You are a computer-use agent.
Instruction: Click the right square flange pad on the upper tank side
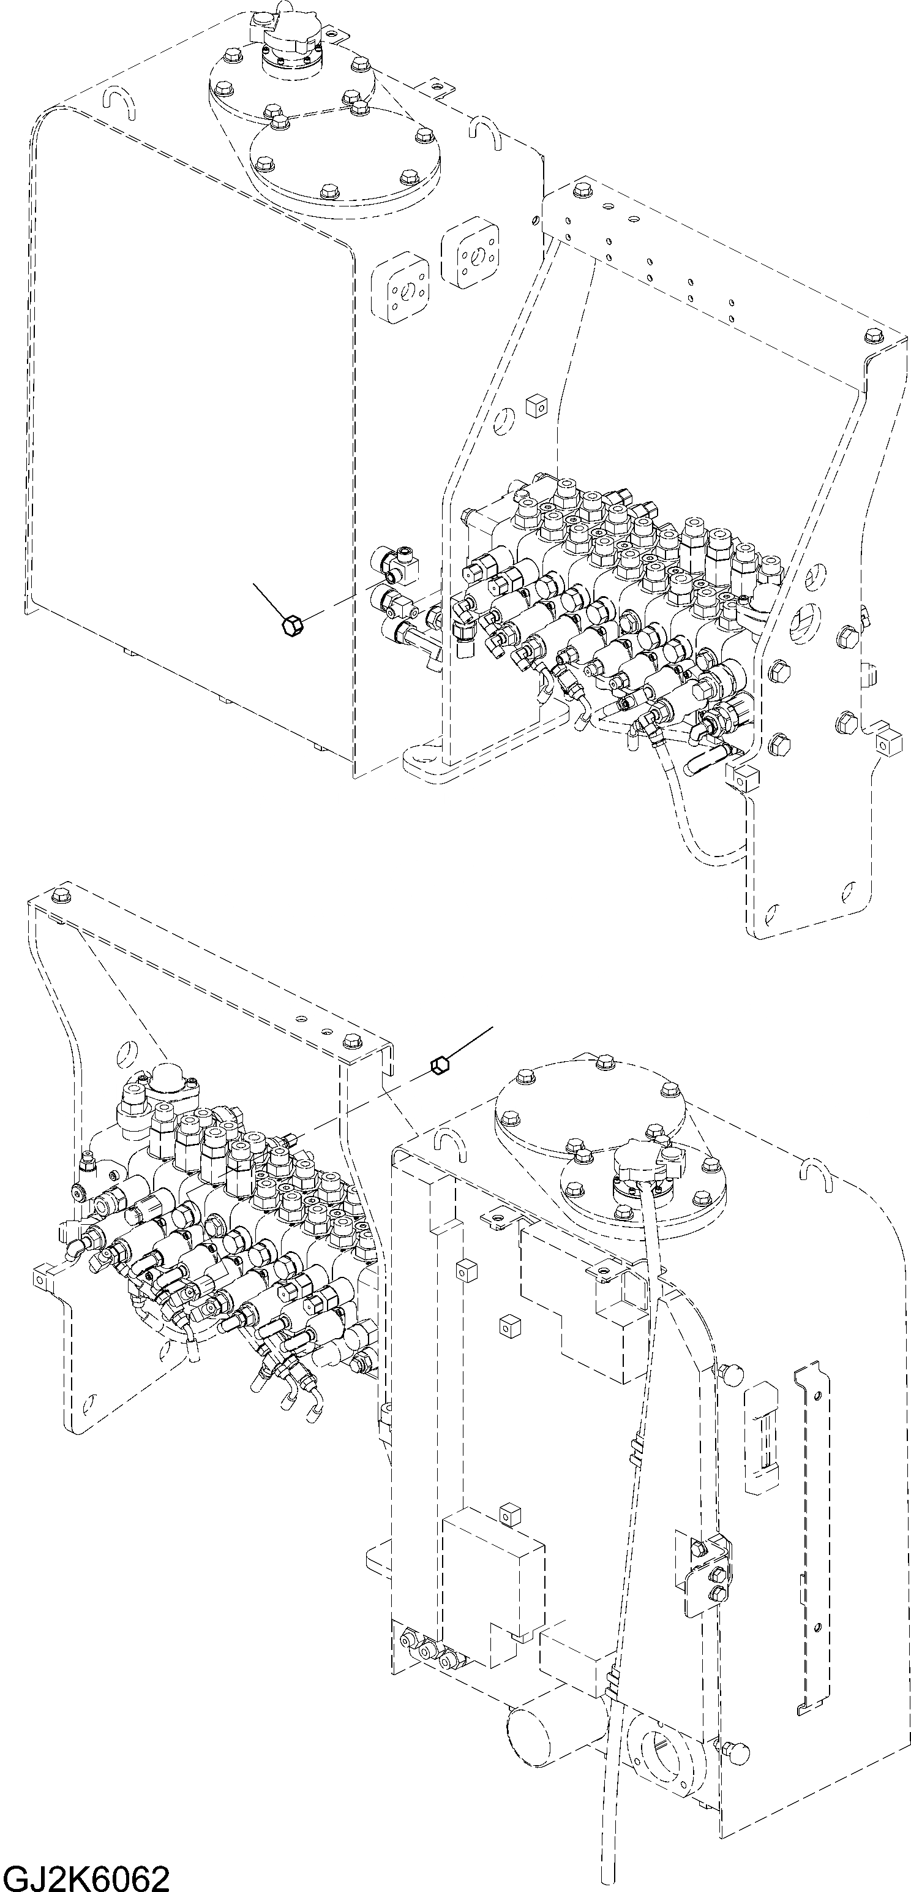coord(471,255)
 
